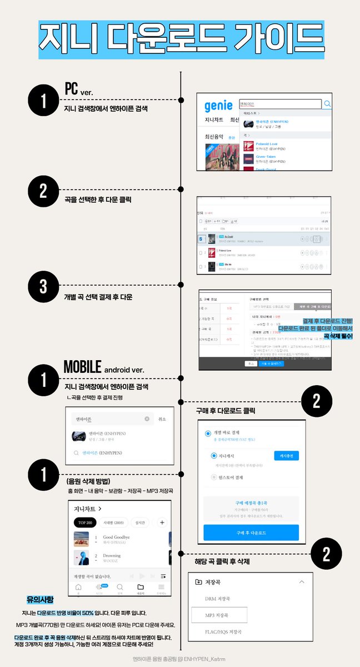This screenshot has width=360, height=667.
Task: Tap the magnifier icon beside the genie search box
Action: click(328, 103)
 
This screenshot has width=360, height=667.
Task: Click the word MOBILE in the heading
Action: click(82, 367)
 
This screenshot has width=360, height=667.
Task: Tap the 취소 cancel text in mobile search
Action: click(162, 419)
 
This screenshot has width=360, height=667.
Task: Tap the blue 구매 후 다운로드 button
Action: click(251, 532)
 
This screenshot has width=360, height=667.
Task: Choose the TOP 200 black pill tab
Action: click(85, 522)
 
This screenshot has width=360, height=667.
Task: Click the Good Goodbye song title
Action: click(116, 537)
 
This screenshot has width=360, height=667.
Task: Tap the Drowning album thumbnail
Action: click(81, 558)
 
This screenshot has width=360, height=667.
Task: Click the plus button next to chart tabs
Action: click(162, 522)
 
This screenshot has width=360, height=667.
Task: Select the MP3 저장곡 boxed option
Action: click(219, 615)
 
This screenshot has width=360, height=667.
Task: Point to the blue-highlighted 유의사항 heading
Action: click(41, 600)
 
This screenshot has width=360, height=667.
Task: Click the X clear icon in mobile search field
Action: click(147, 419)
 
